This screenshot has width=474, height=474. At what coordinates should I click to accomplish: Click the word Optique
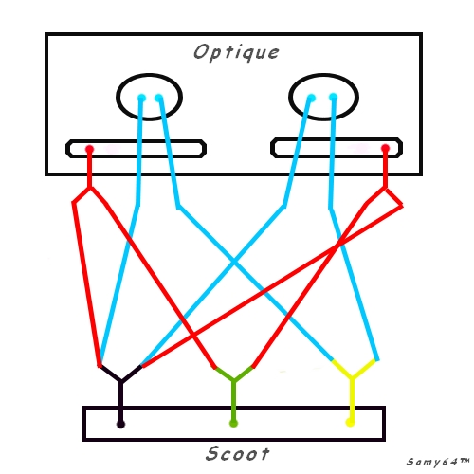(236, 52)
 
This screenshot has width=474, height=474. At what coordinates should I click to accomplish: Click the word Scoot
(238, 454)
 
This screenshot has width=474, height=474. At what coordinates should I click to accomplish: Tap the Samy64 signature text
(438, 462)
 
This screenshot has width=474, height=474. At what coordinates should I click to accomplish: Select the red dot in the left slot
(90, 149)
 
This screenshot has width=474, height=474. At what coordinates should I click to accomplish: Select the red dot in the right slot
(385, 148)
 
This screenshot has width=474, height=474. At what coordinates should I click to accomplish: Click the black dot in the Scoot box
(120, 424)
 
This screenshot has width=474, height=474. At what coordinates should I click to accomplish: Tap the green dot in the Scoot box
(233, 424)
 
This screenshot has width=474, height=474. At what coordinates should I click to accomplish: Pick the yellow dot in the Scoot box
(350, 422)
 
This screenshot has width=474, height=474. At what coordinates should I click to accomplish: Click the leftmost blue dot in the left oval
(141, 98)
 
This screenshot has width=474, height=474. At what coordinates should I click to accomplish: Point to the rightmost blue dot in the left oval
(159, 99)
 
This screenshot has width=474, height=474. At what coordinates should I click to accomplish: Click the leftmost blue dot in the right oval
(311, 98)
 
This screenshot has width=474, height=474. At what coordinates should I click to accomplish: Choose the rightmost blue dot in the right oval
(334, 97)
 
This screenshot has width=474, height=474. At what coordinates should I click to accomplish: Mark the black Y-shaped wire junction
(121, 380)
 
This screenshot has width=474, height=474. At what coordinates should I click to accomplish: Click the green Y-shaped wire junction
(234, 379)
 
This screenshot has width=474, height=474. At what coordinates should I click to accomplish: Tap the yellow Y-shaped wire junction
(352, 377)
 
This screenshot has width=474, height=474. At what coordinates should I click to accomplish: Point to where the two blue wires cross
(234, 262)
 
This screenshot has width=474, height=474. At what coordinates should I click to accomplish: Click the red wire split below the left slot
(90, 189)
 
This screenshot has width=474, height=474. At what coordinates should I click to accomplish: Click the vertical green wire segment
(234, 400)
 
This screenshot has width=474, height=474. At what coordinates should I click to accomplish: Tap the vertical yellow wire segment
(352, 398)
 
